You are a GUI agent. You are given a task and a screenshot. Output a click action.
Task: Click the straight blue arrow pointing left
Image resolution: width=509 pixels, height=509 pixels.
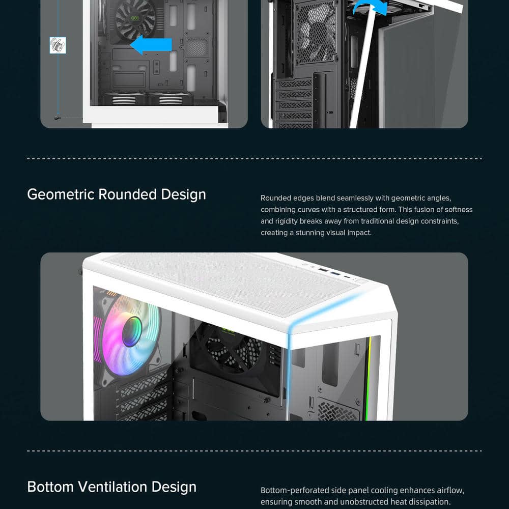[151, 45]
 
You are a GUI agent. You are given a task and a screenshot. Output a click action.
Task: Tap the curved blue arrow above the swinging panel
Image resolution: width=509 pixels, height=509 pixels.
[370, 7]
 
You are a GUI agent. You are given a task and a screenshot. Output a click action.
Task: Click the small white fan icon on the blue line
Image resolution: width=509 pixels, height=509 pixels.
[58, 45]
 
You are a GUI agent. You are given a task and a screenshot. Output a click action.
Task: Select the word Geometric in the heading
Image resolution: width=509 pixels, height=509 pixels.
[61, 194]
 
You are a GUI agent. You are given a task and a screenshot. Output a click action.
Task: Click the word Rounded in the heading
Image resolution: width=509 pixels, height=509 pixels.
[128, 194]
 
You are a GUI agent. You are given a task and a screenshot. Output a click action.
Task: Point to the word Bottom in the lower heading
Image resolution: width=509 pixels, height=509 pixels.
[50, 487]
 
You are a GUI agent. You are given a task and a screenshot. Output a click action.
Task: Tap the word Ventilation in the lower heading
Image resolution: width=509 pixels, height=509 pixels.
[112, 487]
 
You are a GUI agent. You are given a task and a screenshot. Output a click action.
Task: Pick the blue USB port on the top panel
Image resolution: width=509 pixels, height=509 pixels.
[335, 274]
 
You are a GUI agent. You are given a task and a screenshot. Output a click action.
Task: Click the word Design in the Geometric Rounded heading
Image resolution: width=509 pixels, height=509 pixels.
[183, 194]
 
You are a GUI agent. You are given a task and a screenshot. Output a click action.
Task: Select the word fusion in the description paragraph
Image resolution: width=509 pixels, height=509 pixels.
[422, 209]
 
